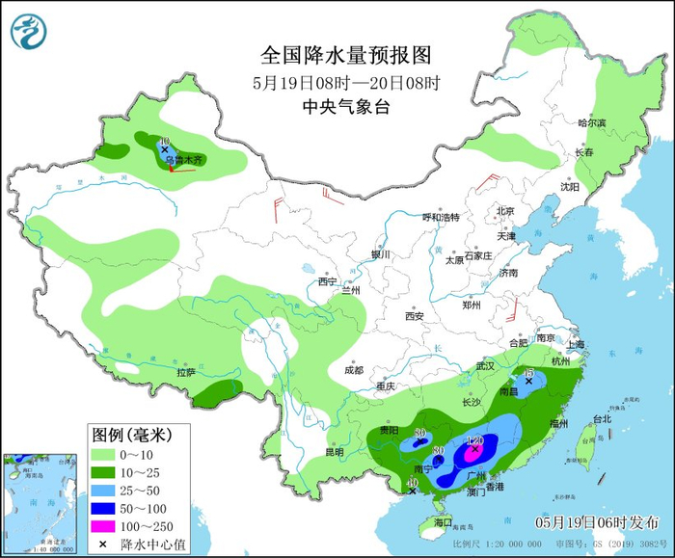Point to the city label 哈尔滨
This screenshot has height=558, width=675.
pyautogui.click(x=591, y=122)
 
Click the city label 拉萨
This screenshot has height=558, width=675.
pyautogui.click(x=186, y=372)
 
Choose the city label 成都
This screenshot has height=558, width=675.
pyautogui.click(x=353, y=369)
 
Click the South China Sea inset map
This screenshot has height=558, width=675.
pyautogui.click(x=42, y=501)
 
